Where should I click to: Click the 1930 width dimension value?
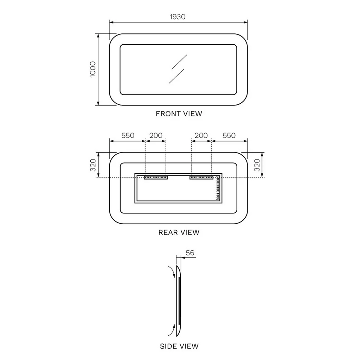click(177, 17)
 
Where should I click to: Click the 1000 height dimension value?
click(92, 69)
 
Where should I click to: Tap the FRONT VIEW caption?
click(179, 114)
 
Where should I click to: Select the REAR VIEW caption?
click(179, 232)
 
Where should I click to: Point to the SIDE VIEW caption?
click(179, 346)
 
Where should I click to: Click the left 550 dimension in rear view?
click(128, 135)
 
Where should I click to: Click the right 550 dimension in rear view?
click(229, 135)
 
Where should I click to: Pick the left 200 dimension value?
click(156, 135)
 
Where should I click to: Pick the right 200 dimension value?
click(201, 135)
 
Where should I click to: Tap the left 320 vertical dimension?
click(93, 165)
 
